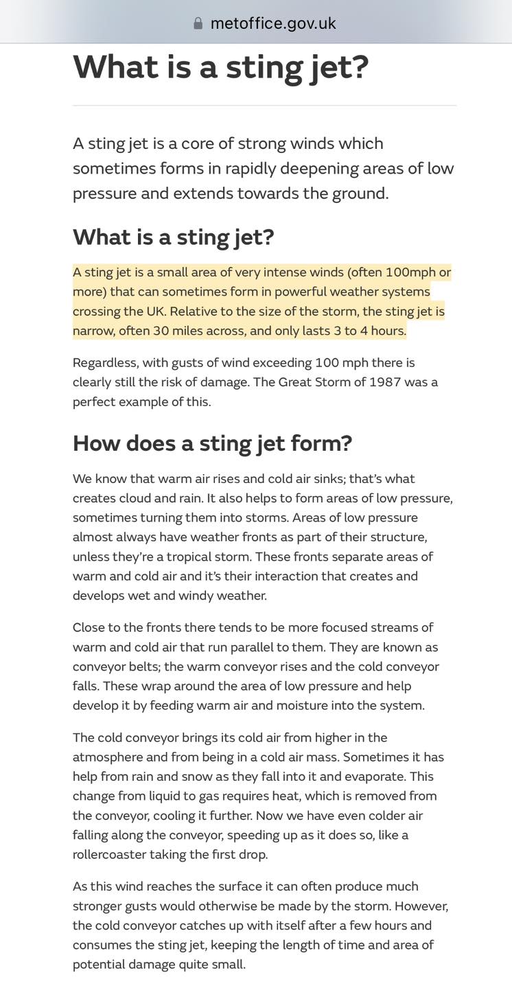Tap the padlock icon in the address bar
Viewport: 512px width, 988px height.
click(198, 23)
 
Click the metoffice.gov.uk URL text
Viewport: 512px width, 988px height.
click(273, 23)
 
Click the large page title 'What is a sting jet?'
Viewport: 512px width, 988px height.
click(220, 67)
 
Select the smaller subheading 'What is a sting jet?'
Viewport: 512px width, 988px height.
click(173, 237)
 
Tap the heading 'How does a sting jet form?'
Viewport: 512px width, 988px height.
click(212, 443)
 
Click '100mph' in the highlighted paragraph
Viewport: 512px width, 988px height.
click(410, 272)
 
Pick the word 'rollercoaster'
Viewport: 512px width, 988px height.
click(111, 855)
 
